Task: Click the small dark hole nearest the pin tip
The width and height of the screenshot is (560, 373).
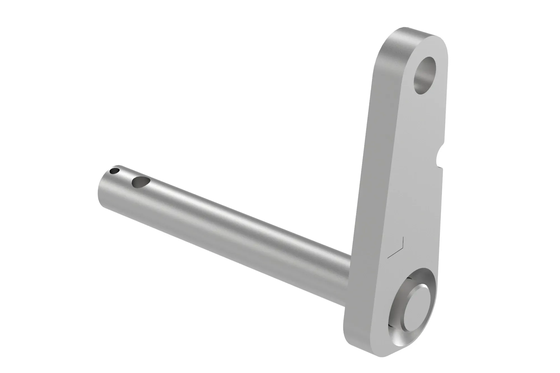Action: pos(115,171)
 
